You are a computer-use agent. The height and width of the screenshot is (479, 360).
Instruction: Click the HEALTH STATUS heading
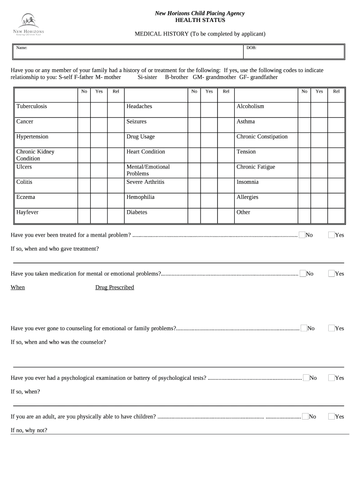pyautogui.click(x=200, y=21)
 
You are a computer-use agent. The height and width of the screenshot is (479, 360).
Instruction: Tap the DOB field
pyautogui.click(x=295, y=51)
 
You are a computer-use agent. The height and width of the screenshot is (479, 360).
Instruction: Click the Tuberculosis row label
pyautogui.click(x=32, y=107)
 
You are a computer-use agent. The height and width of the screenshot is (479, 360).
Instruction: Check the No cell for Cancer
pyautogui.click(x=84, y=125)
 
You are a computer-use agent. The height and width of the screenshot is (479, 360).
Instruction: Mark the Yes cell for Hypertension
pyautogui.click(x=99, y=140)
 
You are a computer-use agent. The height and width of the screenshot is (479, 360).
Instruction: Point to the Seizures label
pyautogui.click(x=137, y=122)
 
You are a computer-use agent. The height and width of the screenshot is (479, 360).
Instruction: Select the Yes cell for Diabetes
pyautogui.click(x=209, y=216)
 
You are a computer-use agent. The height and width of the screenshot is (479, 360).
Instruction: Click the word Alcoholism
pyautogui.click(x=250, y=107)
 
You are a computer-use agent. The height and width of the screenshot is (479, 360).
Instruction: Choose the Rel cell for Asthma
pyautogui.click(x=336, y=125)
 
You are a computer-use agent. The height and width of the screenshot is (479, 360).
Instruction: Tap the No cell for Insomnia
pyautogui.click(x=304, y=186)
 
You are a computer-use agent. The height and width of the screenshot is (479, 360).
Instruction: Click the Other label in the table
pyautogui.click(x=243, y=212)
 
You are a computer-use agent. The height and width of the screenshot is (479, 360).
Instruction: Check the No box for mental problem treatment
pyautogui.click(x=302, y=234)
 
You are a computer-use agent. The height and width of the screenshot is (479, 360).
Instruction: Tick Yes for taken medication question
pyautogui.click(x=331, y=273)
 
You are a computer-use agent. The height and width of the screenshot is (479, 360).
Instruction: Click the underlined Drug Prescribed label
pyautogui.click(x=115, y=287)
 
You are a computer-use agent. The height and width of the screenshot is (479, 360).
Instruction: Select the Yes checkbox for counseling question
pyautogui.click(x=331, y=328)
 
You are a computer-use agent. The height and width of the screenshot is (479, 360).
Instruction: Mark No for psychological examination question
pyautogui.click(x=306, y=377)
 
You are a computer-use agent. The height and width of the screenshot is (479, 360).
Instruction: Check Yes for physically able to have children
pyautogui.click(x=331, y=416)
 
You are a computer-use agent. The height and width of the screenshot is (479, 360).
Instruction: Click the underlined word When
pyautogui.click(x=18, y=287)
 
